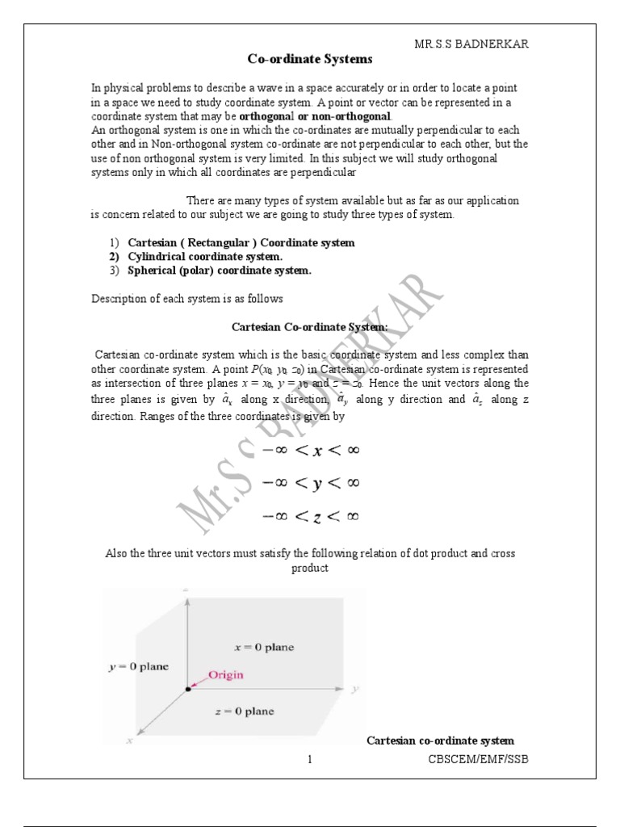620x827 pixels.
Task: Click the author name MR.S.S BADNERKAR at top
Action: [471, 44]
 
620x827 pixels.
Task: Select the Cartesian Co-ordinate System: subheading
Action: [310, 326]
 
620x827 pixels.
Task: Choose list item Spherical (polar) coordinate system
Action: [219, 271]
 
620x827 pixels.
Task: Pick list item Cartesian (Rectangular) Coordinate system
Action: [241, 242]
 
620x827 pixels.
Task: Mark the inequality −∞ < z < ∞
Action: [309, 516]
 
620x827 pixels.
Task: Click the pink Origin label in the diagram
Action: [226, 674]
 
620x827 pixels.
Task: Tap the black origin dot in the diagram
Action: [187, 689]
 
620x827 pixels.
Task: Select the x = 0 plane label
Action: [263, 647]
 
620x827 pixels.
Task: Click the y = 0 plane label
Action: [138, 667]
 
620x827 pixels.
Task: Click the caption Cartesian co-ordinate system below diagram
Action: [440, 741]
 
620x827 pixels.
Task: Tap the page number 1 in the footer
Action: [309, 759]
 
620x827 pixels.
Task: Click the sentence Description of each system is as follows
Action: [186, 299]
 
